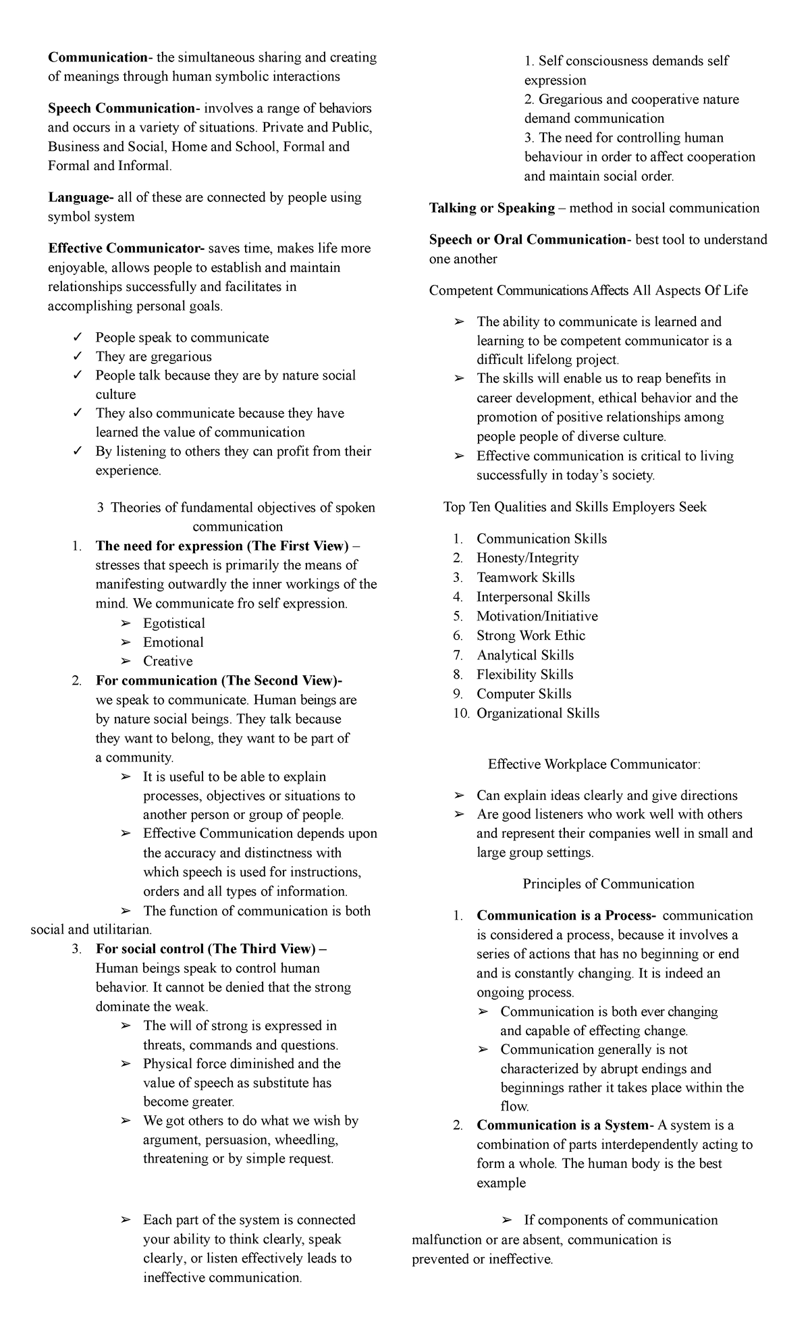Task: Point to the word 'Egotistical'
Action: click(x=174, y=623)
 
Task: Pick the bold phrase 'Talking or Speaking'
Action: click(x=491, y=208)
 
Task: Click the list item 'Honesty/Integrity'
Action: click(x=527, y=558)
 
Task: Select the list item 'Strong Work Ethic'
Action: click(x=531, y=635)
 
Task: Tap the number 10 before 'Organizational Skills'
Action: click(x=460, y=714)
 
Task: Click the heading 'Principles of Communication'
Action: click(x=608, y=884)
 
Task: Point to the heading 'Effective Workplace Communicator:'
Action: click(x=594, y=764)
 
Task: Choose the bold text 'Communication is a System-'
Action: click(x=565, y=1125)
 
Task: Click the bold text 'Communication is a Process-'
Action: click(x=566, y=916)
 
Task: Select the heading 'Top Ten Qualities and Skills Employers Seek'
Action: click(x=574, y=507)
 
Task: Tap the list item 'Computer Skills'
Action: click(x=524, y=694)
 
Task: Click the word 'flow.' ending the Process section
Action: click(x=514, y=1106)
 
